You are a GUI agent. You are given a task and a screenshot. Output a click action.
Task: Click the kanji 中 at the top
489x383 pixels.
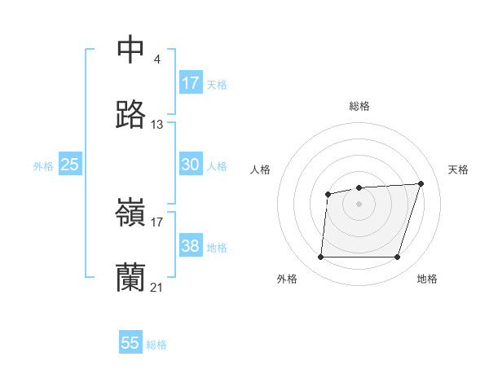[130, 50]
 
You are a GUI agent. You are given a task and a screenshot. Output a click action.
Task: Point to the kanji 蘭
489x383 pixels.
[130, 278]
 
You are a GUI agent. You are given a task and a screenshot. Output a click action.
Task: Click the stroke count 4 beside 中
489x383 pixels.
[156, 59]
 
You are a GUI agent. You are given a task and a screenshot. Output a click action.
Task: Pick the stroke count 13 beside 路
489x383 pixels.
[157, 125]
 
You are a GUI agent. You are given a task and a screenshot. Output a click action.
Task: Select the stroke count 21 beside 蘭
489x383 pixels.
[157, 288]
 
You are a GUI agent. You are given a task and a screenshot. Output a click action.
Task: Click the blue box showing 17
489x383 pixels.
[190, 83]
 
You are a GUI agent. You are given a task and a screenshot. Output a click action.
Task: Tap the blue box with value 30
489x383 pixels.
[190, 165]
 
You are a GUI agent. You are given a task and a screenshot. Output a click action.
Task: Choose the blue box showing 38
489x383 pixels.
[190, 246]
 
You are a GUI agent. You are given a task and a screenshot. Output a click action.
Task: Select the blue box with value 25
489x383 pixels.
[70, 165]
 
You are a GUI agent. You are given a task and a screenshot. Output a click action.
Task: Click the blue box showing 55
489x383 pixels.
[130, 343]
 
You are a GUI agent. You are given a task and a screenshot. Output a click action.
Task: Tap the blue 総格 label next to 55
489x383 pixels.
[156, 345]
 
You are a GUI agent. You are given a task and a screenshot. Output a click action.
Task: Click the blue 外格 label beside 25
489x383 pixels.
[43, 166]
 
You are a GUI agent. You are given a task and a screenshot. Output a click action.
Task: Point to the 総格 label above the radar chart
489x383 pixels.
[359, 106]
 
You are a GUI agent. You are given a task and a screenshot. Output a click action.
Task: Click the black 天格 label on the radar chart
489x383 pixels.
[458, 169]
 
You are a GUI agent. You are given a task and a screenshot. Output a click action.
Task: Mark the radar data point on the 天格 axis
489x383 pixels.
[421, 183]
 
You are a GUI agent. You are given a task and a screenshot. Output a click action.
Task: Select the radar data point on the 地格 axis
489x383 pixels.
[397, 258]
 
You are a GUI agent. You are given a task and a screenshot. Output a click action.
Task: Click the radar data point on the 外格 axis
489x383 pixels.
[320, 258]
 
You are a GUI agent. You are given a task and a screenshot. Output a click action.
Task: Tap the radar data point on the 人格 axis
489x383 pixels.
[328, 194]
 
